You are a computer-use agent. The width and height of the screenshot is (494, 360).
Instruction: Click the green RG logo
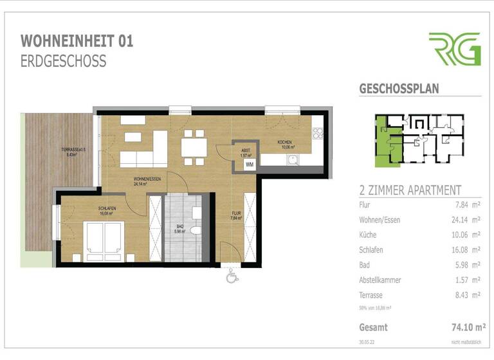pyautogui.click(x=455, y=49)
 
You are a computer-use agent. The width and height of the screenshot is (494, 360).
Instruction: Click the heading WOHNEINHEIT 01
pyautogui.click(x=77, y=42)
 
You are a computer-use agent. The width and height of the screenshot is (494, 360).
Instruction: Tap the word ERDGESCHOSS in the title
pyautogui.click(x=63, y=62)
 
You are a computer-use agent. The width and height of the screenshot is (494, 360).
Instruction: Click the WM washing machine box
pyautogui.click(x=249, y=165)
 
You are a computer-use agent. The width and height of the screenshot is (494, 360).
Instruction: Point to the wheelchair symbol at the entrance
pyautogui.click(x=230, y=278)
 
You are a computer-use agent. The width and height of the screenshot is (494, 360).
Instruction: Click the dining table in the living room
pyautogui.click(x=194, y=147)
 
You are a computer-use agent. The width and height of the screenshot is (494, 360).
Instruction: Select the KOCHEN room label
pyautogui.click(x=285, y=142)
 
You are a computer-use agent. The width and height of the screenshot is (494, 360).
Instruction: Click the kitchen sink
pyautogui.click(x=293, y=161)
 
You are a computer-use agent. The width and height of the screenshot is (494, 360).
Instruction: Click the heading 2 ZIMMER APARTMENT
pyautogui.click(x=410, y=190)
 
